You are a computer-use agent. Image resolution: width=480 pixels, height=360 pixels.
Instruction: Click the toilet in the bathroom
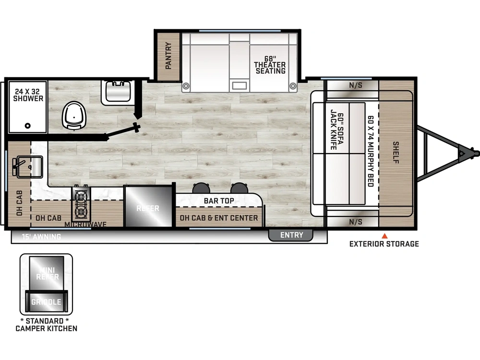(74, 115)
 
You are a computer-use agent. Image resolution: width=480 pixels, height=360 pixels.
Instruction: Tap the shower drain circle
(27, 125)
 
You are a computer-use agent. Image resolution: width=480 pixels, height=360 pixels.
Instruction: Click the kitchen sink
(29, 167)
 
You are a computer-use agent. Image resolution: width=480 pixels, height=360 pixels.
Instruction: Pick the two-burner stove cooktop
(81, 203)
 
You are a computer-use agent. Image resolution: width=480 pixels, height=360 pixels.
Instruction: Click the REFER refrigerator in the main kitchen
(148, 206)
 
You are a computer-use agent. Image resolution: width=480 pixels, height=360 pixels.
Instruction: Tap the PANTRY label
(168, 56)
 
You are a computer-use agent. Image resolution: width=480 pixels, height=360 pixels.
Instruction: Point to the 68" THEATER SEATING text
(270, 65)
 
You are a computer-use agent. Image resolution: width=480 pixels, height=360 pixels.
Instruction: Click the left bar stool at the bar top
(201, 188)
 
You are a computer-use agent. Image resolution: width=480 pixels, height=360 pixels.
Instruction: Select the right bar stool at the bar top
(239, 188)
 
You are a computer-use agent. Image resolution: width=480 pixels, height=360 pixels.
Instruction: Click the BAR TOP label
(219, 201)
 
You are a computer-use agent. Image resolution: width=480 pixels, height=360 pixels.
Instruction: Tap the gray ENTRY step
(291, 235)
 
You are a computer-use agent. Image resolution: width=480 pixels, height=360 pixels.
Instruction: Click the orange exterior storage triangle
(384, 236)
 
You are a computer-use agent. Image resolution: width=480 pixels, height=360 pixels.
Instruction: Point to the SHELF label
(396, 153)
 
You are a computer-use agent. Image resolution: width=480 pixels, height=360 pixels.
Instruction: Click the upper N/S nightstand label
(355, 85)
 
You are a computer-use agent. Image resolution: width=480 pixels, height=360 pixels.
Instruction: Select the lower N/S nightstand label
(355, 222)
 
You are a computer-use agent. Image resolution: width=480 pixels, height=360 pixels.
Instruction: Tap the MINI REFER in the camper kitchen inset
(47, 273)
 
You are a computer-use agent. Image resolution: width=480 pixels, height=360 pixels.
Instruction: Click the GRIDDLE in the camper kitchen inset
(46, 302)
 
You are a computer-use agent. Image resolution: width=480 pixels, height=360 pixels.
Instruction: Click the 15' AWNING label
(41, 237)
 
